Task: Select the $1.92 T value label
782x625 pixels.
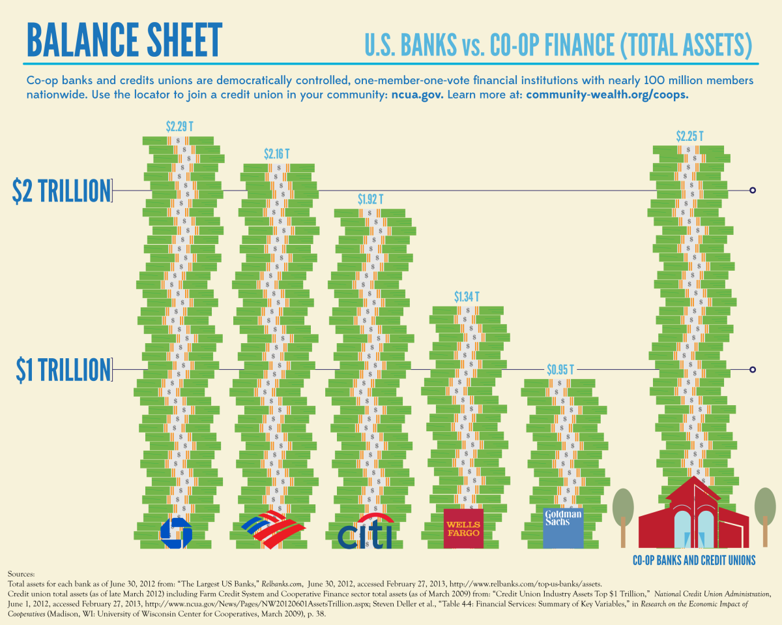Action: pyautogui.click(x=371, y=199)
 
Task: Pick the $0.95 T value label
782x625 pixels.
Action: pyautogui.click(x=560, y=370)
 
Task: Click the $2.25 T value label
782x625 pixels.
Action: pyautogui.click(x=690, y=137)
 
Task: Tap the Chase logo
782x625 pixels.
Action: pyautogui.click(x=176, y=532)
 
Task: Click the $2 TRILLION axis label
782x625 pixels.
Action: pyautogui.click(x=62, y=191)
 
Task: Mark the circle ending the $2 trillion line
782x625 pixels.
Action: pyautogui.click(x=753, y=191)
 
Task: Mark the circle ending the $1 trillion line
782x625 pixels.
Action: pyautogui.click(x=753, y=370)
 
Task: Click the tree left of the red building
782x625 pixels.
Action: pyautogui.click(x=624, y=512)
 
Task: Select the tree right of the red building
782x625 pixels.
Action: pyautogui.click(x=765, y=512)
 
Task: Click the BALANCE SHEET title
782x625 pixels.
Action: pyautogui.click(x=124, y=40)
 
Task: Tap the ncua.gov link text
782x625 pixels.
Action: pyautogui.click(x=417, y=95)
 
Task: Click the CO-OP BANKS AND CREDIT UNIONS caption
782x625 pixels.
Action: pyautogui.click(x=694, y=560)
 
